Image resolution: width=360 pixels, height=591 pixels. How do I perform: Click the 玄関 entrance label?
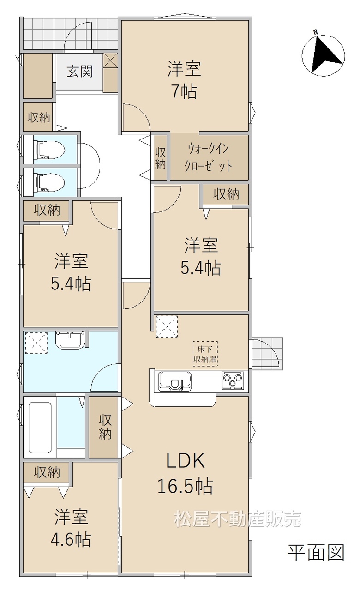[80, 72]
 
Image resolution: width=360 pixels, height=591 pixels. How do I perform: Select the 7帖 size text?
[184, 92]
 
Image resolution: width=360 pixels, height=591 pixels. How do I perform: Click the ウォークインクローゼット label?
[208, 158]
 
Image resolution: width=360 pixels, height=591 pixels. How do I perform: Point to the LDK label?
[186, 460]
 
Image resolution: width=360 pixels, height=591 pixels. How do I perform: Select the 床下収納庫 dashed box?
[205, 354]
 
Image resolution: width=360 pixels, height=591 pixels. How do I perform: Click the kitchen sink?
[175, 381]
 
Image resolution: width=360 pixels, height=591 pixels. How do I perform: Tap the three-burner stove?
[233, 380]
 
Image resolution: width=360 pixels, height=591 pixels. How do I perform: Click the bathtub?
[40, 428]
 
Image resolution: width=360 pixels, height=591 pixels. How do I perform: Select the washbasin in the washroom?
[70, 340]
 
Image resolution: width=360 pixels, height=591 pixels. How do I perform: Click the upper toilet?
[49, 150]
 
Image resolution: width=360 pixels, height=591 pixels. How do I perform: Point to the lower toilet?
[49, 182]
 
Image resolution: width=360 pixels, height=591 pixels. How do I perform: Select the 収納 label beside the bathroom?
[105, 427]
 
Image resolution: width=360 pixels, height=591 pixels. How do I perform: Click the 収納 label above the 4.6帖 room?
[47, 472]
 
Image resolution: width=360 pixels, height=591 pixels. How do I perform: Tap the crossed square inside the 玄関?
[110, 60]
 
